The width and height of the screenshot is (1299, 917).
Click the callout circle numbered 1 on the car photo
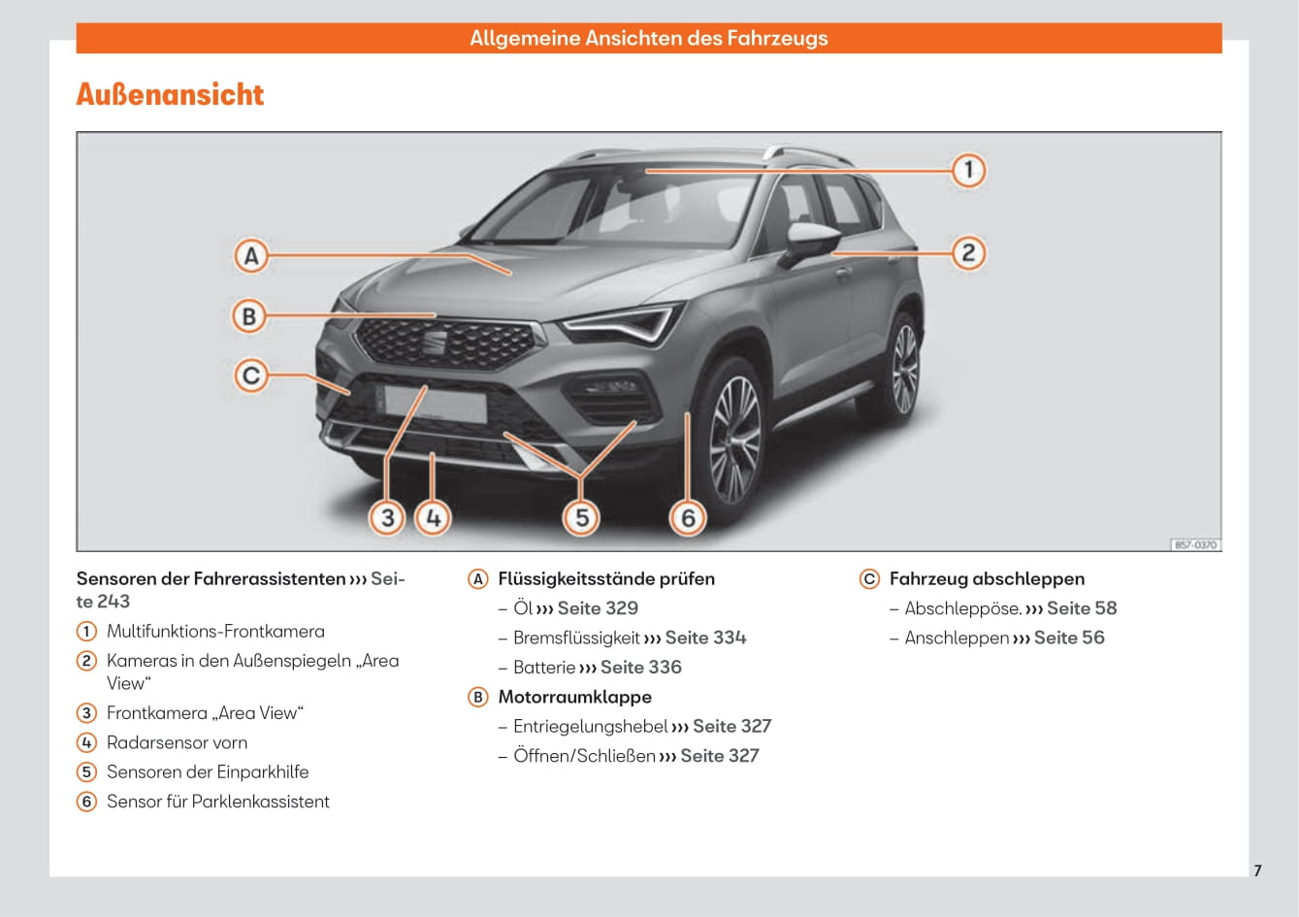point(968,170)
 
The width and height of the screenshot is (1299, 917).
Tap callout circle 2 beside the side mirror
point(968,253)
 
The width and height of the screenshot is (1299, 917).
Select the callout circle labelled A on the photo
point(251,256)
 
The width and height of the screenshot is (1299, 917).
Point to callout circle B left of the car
point(249,316)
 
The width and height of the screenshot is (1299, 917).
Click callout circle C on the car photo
point(250,376)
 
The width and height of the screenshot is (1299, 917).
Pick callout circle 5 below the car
point(582,518)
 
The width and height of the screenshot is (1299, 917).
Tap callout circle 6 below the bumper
point(688,518)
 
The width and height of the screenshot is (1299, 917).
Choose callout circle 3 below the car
point(387,518)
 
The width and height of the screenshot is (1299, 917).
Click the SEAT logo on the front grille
point(434,343)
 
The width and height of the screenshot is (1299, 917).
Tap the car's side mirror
point(812,243)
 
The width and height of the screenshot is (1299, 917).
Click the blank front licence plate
point(435,404)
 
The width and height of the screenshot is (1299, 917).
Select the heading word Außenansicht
point(170,94)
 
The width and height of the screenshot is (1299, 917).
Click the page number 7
point(1257,870)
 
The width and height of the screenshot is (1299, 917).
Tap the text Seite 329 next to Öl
point(598,607)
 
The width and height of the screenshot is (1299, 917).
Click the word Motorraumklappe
point(574,697)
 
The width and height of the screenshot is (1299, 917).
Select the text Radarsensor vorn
point(177,742)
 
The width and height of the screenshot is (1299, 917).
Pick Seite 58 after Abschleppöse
point(1082,607)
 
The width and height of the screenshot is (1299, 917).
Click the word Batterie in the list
point(544,667)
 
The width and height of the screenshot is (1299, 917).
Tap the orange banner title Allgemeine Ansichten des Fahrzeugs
point(648,38)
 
